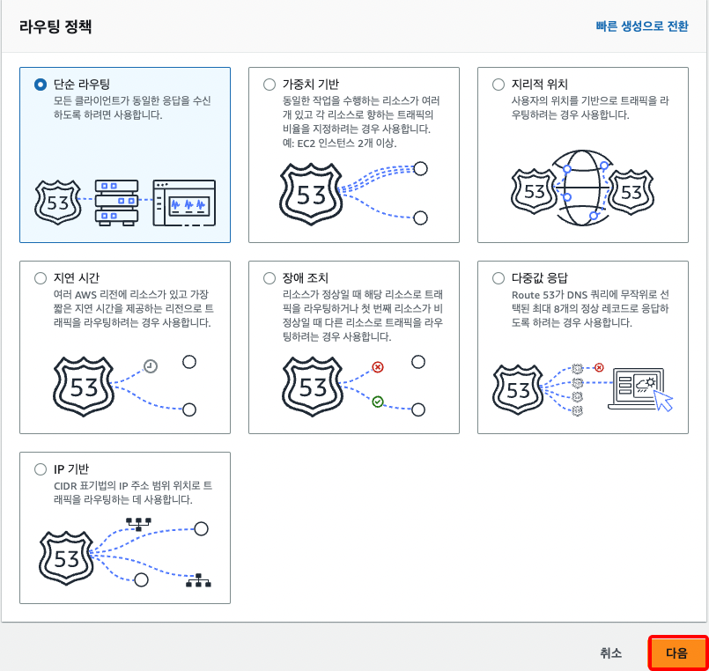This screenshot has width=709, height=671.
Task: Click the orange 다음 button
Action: click(x=678, y=653)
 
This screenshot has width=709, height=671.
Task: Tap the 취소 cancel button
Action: click(x=611, y=653)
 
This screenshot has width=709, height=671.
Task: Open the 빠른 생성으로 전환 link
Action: click(x=642, y=26)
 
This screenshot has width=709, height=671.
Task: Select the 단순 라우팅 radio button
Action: click(x=41, y=85)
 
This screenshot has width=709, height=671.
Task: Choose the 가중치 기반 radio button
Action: click(x=270, y=85)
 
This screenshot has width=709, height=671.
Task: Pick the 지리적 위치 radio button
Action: click(x=499, y=85)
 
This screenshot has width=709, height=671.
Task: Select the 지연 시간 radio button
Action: click(x=41, y=278)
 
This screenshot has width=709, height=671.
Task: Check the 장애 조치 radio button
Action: click(x=270, y=278)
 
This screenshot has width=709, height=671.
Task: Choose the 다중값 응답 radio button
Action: click(x=499, y=278)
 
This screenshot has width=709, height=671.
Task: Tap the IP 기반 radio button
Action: click(x=41, y=469)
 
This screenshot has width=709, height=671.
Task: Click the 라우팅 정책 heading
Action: click(x=55, y=26)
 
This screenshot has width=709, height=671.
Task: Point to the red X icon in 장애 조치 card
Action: click(x=378, y=366)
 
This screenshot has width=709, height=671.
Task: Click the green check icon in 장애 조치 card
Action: click(x=378, y=402)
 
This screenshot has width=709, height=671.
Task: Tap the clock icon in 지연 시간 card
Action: click(x=151, y=365)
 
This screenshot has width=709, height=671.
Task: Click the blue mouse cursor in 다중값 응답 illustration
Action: click(x=663, y=400)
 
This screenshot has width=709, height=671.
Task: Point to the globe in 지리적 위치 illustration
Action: click(x=582, y=188)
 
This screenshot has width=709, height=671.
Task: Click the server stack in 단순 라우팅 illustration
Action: click(x=116, y=203)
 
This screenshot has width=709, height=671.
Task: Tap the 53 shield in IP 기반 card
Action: click(x=66, y=558)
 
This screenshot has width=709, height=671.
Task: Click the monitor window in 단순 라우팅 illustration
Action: click(x=184, y=203)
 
